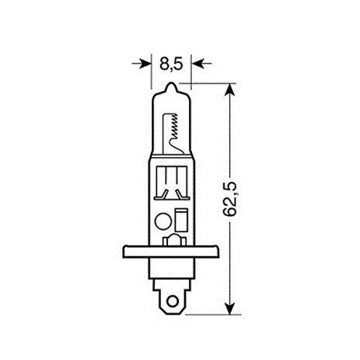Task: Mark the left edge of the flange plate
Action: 125,252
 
